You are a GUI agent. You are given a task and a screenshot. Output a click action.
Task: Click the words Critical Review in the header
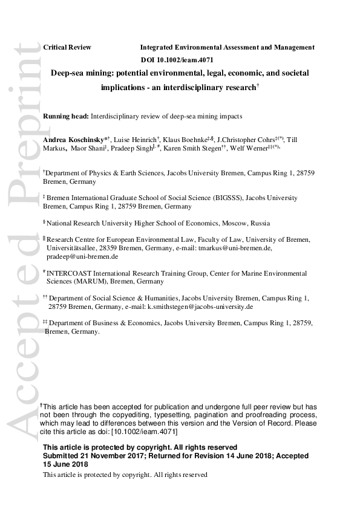[x=67, y=47]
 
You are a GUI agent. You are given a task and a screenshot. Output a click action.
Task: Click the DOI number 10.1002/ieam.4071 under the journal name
[x=186, y=60]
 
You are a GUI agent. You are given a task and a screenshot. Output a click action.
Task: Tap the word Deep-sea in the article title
[x=67, y=73]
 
